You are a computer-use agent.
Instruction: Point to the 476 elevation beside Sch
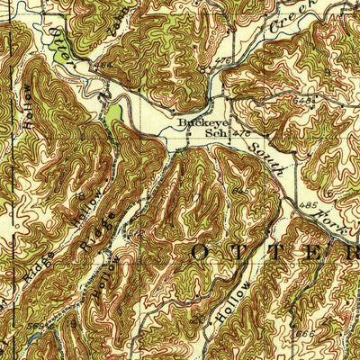[x=240, y=133]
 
